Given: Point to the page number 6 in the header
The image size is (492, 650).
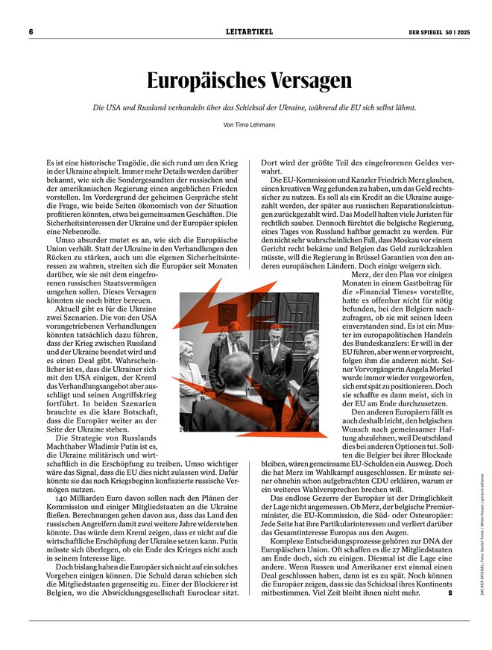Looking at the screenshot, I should coord(31,32).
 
